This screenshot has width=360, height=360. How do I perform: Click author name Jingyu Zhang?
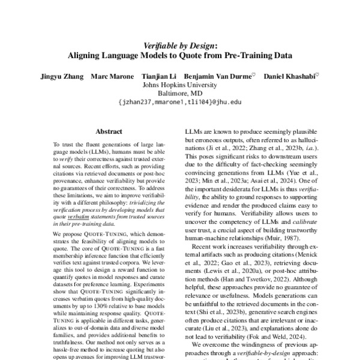pos(61,77)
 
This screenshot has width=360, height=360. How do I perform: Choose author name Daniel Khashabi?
pos(290,77)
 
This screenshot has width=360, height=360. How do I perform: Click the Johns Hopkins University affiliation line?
pos(180,85)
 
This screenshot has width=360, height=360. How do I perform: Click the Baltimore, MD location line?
pos(180,94)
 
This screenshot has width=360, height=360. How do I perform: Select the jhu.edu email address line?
pos(180,103)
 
